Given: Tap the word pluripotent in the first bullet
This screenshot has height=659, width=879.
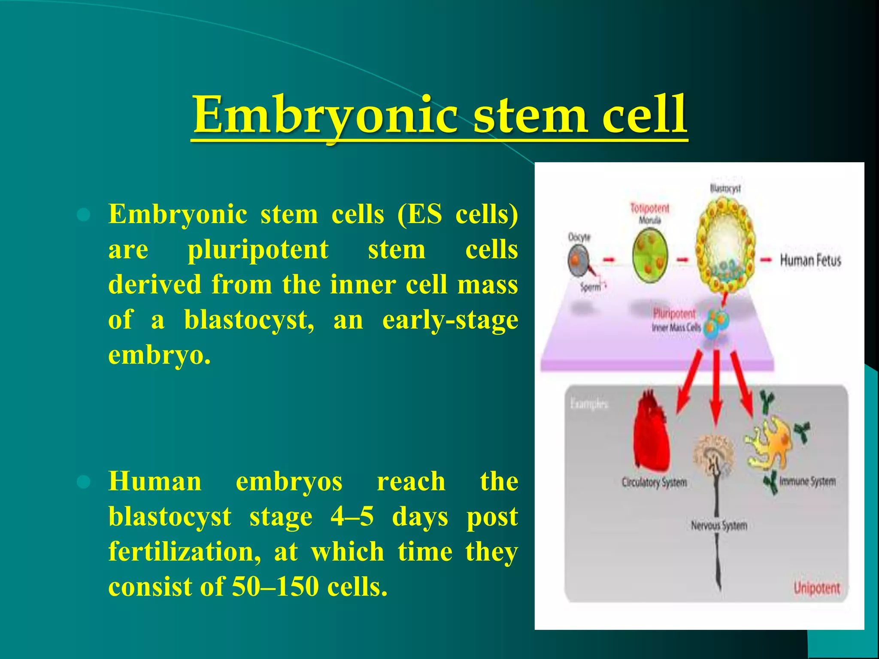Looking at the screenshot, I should [x=258, y=249].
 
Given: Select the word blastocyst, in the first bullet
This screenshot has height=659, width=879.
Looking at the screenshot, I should [x=249, y=320].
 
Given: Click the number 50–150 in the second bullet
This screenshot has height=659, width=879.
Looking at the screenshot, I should [x=275, y=586].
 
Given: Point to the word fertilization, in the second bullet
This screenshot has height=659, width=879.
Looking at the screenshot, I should [x=185, y=551].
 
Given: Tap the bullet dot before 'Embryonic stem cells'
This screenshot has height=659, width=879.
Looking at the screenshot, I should [x=83, y=215].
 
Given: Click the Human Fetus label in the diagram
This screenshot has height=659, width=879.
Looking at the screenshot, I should [x=810, y=260].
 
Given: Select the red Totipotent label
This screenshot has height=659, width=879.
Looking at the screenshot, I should [x=649, y=209].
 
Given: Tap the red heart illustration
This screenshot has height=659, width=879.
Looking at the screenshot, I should [x=651, y=433].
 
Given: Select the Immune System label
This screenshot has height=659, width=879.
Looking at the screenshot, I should [x=807, y=481].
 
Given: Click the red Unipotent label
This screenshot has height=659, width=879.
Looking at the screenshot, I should [x=816, y=588].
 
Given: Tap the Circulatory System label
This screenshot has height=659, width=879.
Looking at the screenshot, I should [x=654, y=483].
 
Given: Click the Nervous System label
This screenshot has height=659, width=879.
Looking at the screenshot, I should [x=718, y=526].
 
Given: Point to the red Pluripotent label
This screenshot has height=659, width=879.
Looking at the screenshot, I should [x=674, y=313].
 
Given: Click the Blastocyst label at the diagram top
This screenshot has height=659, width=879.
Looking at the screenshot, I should [x=725, y=188].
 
